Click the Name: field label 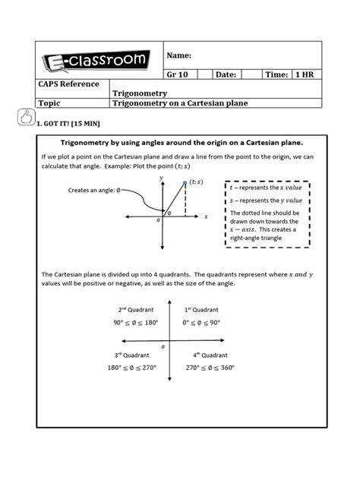[x=179, y=55]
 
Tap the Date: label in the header [x=226, y=74]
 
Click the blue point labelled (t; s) [x=185, y=182]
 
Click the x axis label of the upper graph [x=206, y=216]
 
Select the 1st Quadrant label [x=201, y=310]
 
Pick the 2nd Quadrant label [x=137, y=310]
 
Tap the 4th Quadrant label [x=208, y=355]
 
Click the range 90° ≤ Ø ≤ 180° [x=137, y=322]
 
